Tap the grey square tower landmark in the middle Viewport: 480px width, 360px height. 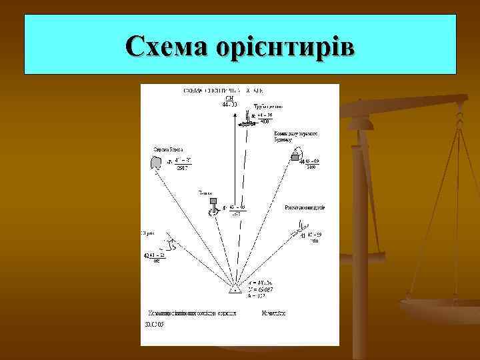click(213, 200)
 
